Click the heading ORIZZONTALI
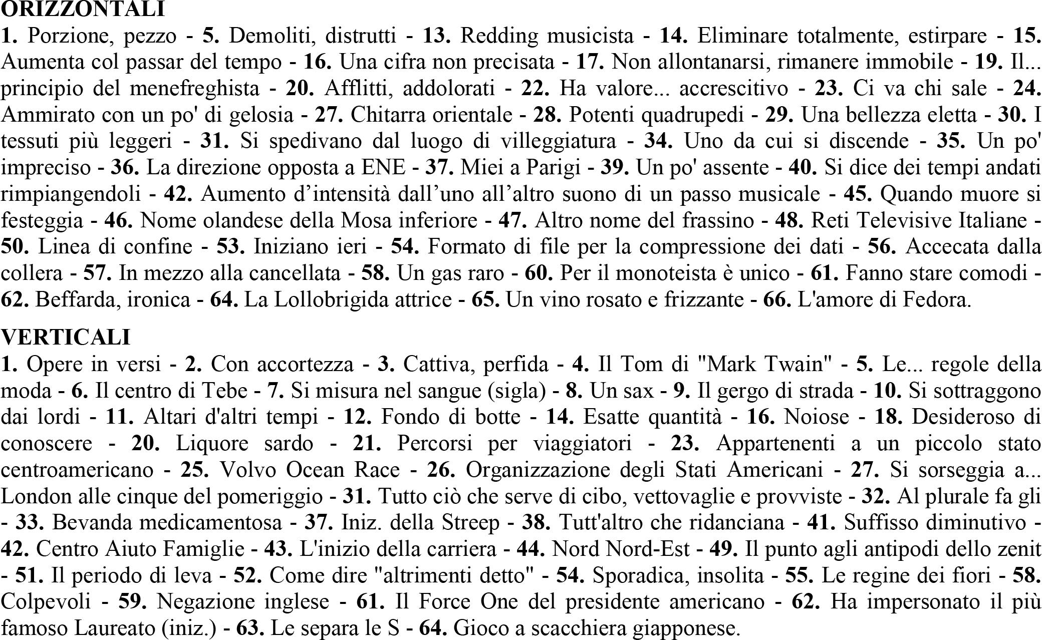83,9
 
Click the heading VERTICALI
66,337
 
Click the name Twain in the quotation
797,364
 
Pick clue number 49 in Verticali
723,549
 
